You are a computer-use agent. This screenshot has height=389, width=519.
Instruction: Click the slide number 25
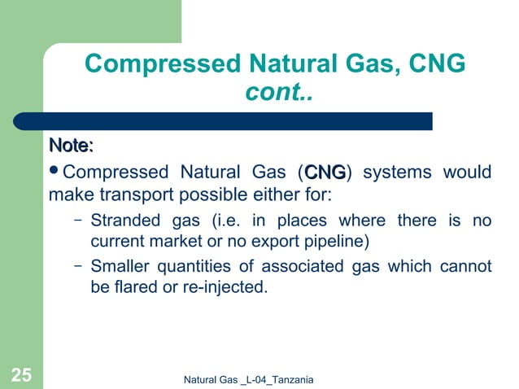[21, 374]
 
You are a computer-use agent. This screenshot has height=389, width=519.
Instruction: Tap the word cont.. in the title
[279, 94]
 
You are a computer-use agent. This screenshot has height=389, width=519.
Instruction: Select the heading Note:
[71, 146]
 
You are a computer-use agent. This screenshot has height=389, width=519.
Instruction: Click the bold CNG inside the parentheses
[325, 173]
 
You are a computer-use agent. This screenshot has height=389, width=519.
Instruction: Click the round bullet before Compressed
[55, 173]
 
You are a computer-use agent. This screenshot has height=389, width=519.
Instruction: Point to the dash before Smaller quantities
[76, 266]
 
